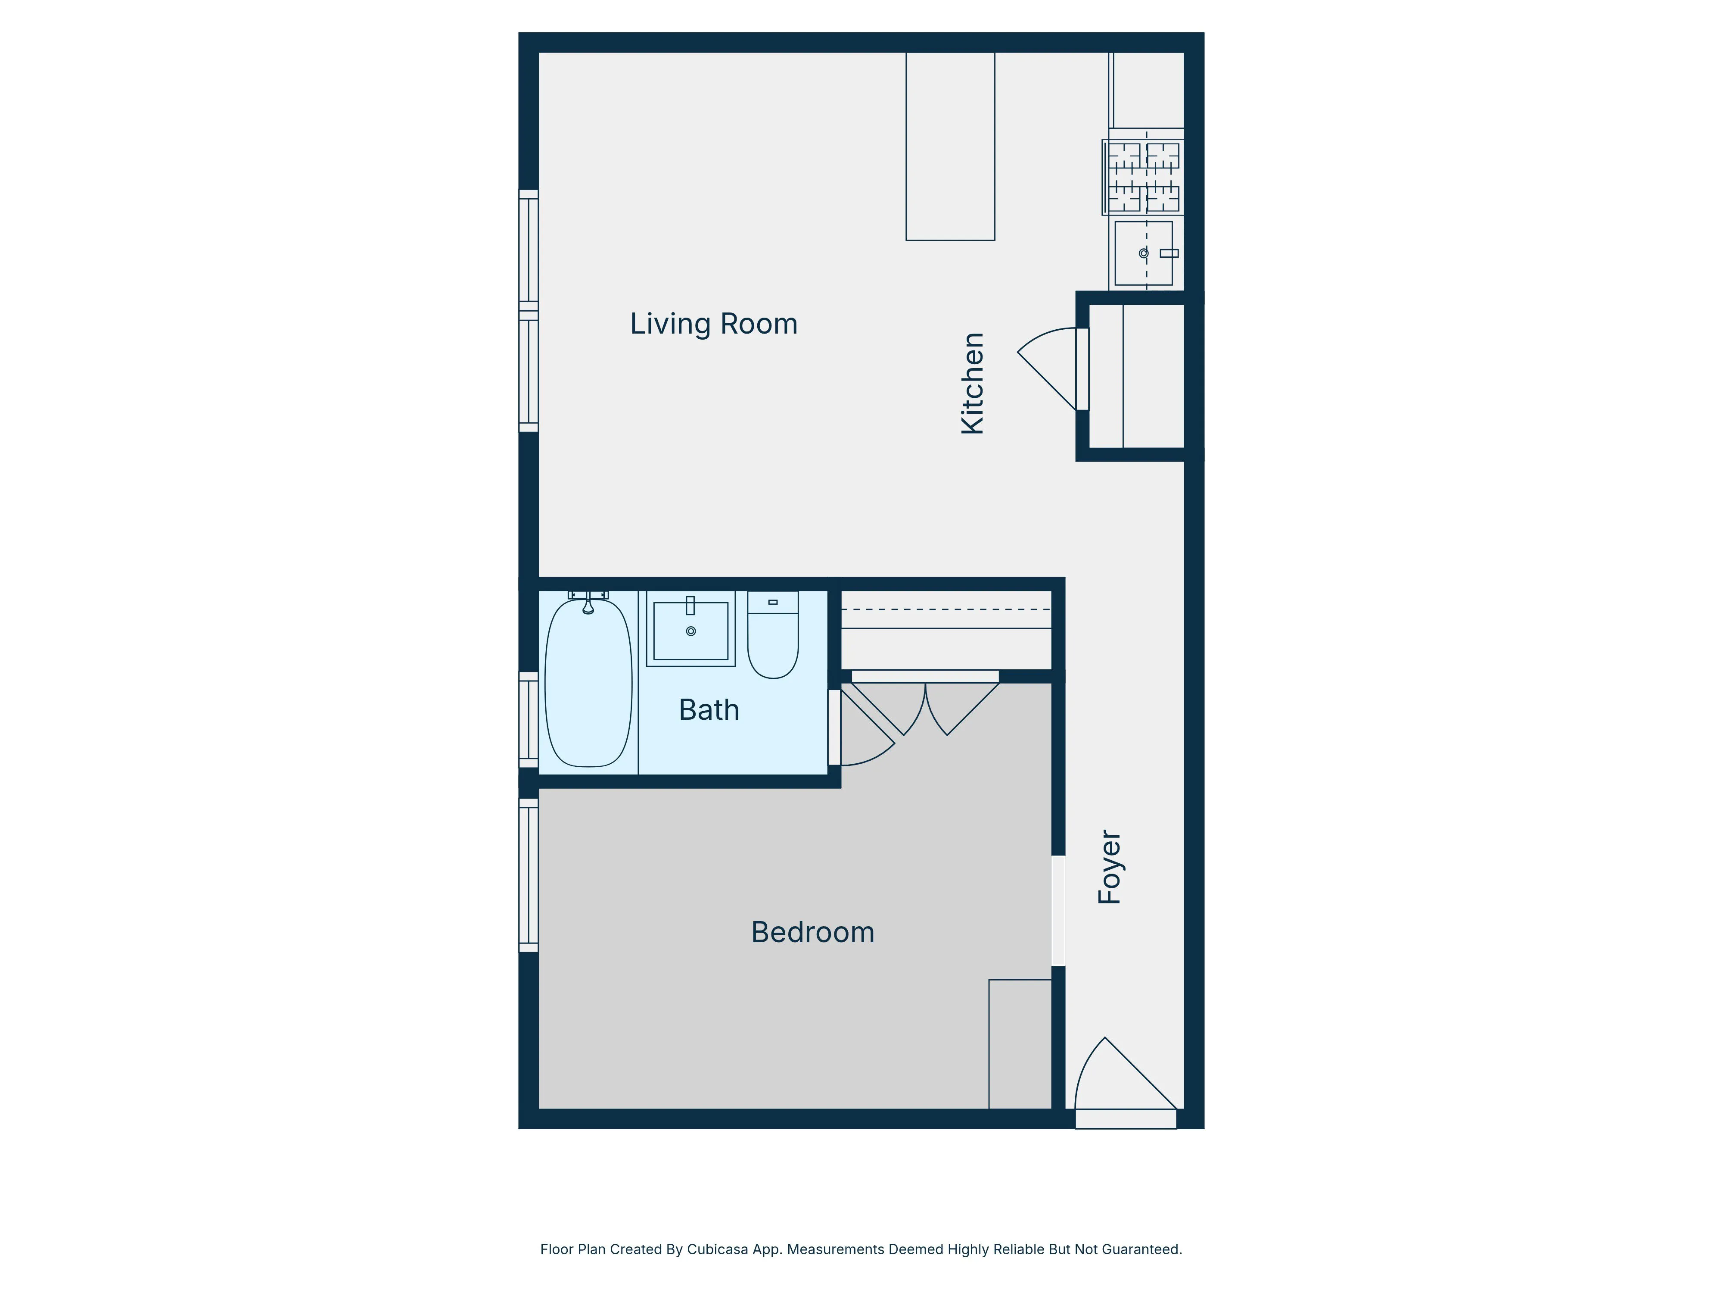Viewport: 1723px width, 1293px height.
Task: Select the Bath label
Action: coord(709,710)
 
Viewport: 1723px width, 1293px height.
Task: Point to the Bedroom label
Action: coord(812,932)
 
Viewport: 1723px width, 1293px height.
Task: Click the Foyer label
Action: coord(1109,867)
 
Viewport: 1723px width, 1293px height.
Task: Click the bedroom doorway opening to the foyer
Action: coord(1058,910)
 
